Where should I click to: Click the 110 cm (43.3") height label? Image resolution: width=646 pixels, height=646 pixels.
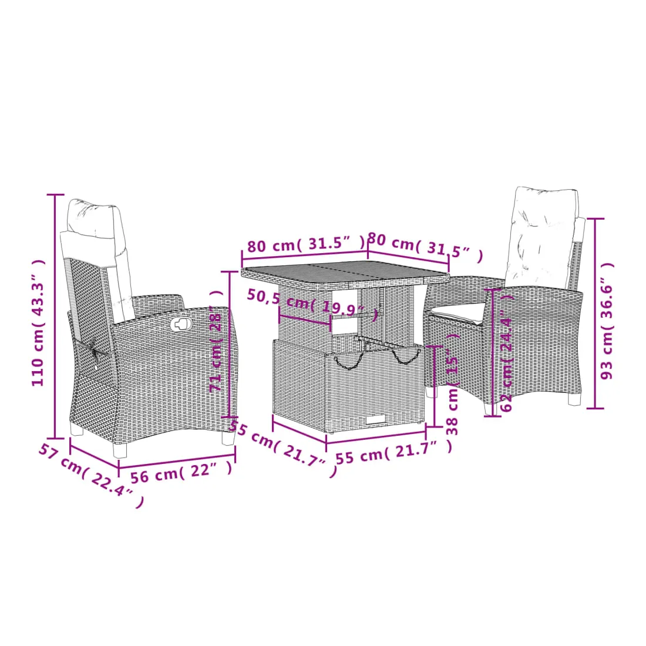(x=38, y=323)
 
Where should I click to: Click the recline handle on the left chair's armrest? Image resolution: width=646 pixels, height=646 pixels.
(x=180, y=324)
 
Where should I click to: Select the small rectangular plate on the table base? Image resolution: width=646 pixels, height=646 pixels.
(x=375, y=419)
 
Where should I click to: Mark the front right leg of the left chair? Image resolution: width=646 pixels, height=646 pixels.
(x=228, y=437)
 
